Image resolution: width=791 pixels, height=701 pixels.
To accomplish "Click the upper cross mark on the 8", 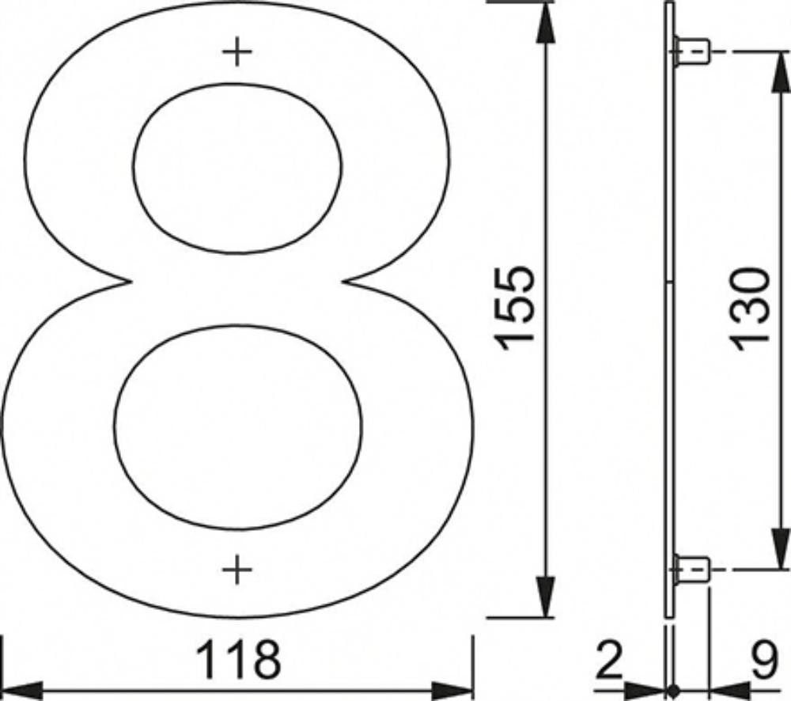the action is [x=237, y=52].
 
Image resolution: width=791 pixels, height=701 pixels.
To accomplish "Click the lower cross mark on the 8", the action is [x=237, y=570].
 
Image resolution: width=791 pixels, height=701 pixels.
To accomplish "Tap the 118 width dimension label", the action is [x=238, y=659].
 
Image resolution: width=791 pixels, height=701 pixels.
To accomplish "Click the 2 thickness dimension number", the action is [x=608, y=659].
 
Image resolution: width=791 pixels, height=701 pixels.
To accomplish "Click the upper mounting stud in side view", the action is [x=691, y=51].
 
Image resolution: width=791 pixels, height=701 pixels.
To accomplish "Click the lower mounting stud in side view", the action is [x=691, y=570].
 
